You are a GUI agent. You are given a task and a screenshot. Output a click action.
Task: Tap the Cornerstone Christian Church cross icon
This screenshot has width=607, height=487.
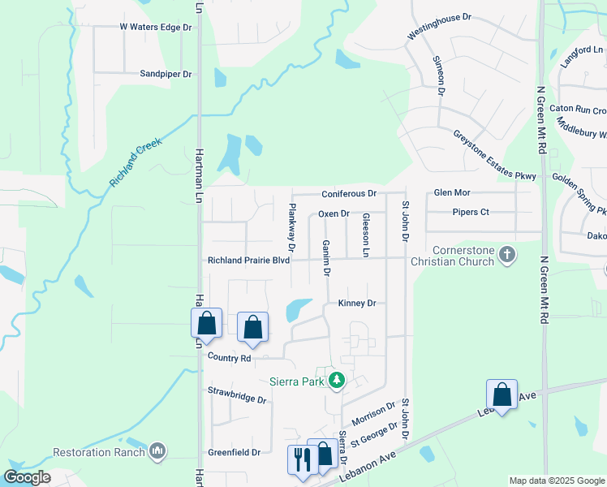click(507, 255)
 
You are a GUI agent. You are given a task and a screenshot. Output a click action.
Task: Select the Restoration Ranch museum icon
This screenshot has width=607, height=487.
click(157, 450)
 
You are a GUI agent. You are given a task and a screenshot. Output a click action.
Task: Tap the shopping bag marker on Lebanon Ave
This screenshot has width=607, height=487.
click(502, 395)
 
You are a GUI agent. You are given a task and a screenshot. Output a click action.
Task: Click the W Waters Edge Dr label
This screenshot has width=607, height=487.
click(155, 27)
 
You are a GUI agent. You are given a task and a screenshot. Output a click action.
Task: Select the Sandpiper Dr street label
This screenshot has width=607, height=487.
click(166, 74)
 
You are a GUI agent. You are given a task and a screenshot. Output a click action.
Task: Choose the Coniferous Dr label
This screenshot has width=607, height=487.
click(349, 194)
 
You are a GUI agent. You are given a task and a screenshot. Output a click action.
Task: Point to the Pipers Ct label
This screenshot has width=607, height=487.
click(471, 213)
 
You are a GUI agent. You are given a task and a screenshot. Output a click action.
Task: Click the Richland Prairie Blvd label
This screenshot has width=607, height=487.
click(248, 261)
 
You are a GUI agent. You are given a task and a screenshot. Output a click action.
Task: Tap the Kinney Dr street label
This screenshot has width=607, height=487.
click(357, 304)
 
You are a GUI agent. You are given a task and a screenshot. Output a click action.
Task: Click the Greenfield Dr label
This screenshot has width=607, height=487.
click(234, 452)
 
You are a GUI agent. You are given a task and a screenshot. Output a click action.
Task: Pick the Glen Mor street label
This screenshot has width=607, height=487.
click(452, 193)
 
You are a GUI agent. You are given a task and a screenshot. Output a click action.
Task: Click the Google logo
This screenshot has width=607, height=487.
click(28, 477)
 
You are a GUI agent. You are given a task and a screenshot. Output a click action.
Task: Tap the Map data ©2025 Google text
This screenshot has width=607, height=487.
click(556, 481)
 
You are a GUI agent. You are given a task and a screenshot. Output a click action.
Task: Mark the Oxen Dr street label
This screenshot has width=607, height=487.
click(333, 213)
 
